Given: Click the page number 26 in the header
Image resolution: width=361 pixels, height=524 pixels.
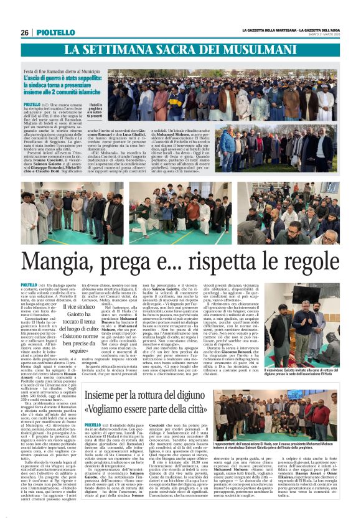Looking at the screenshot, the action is [x=25, y=32].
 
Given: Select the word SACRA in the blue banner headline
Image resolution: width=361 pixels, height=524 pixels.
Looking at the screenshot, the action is [x=162, y=49].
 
